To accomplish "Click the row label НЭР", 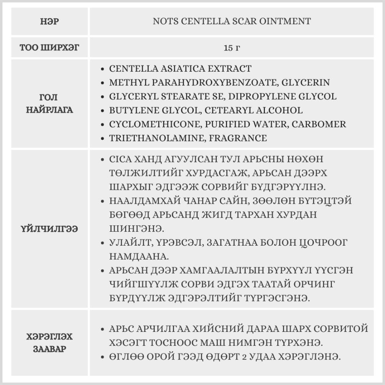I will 50,22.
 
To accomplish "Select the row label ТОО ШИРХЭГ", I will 50,48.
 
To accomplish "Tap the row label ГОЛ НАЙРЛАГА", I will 50,104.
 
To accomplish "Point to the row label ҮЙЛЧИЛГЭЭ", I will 50,229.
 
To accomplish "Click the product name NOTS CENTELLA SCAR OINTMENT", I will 231,22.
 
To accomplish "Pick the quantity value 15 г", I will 231,48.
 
